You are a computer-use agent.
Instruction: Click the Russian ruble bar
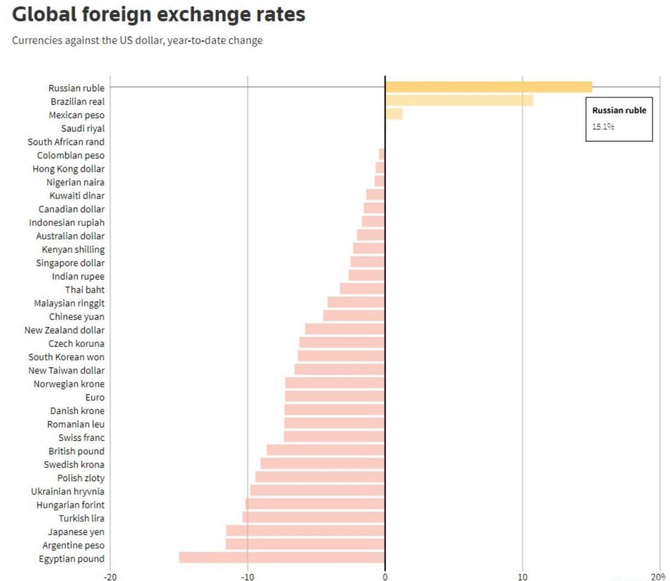tap(488, 87)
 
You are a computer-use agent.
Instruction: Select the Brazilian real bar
tap(459, 101)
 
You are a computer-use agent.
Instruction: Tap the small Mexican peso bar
tap(394, 114)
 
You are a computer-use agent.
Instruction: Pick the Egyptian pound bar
tap(282, 557)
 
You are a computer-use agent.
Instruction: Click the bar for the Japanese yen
tap(305, 531)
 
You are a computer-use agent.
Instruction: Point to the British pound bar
tap(326, 450)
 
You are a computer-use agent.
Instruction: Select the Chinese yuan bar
tap(354, 315)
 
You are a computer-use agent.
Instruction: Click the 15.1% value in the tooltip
tap(603, 127)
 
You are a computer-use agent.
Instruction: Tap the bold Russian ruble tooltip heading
tap(619, 111)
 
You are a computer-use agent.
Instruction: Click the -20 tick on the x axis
tap(110, 577)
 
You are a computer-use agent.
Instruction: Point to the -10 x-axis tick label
tap(247, 577)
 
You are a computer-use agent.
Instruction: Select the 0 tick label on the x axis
tap(385, 577)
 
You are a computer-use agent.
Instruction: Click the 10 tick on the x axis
tap(522, 577)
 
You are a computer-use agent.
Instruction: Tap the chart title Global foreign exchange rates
tap(158, 15)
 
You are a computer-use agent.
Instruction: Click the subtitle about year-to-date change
tap(137, 40)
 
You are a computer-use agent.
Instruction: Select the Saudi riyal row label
tap(83, 128)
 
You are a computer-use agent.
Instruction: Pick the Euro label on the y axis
tap(95, 397)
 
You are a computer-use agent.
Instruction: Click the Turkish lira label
tap(81, 518)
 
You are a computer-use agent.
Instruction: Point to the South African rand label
tap(66, 142)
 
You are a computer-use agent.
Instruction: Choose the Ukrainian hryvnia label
tap(68, 491)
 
